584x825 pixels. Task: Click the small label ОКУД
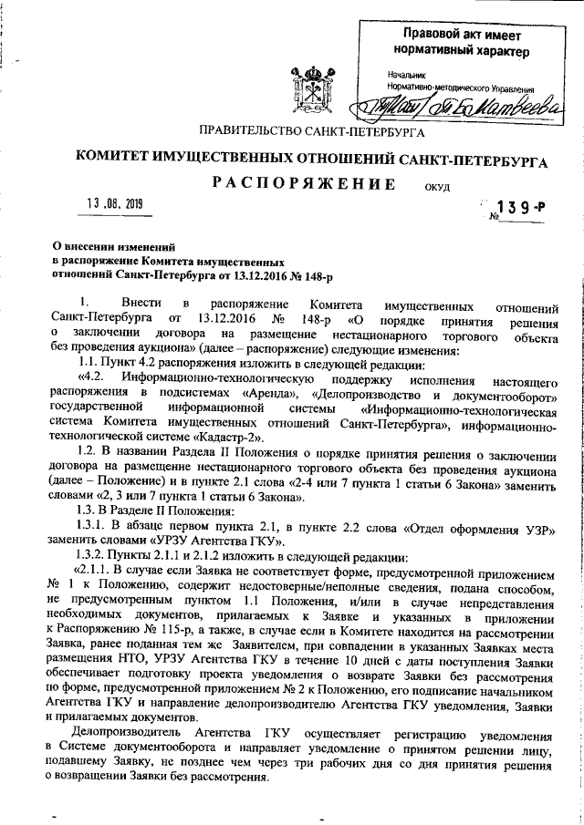438,189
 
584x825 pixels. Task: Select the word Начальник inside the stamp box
406,73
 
